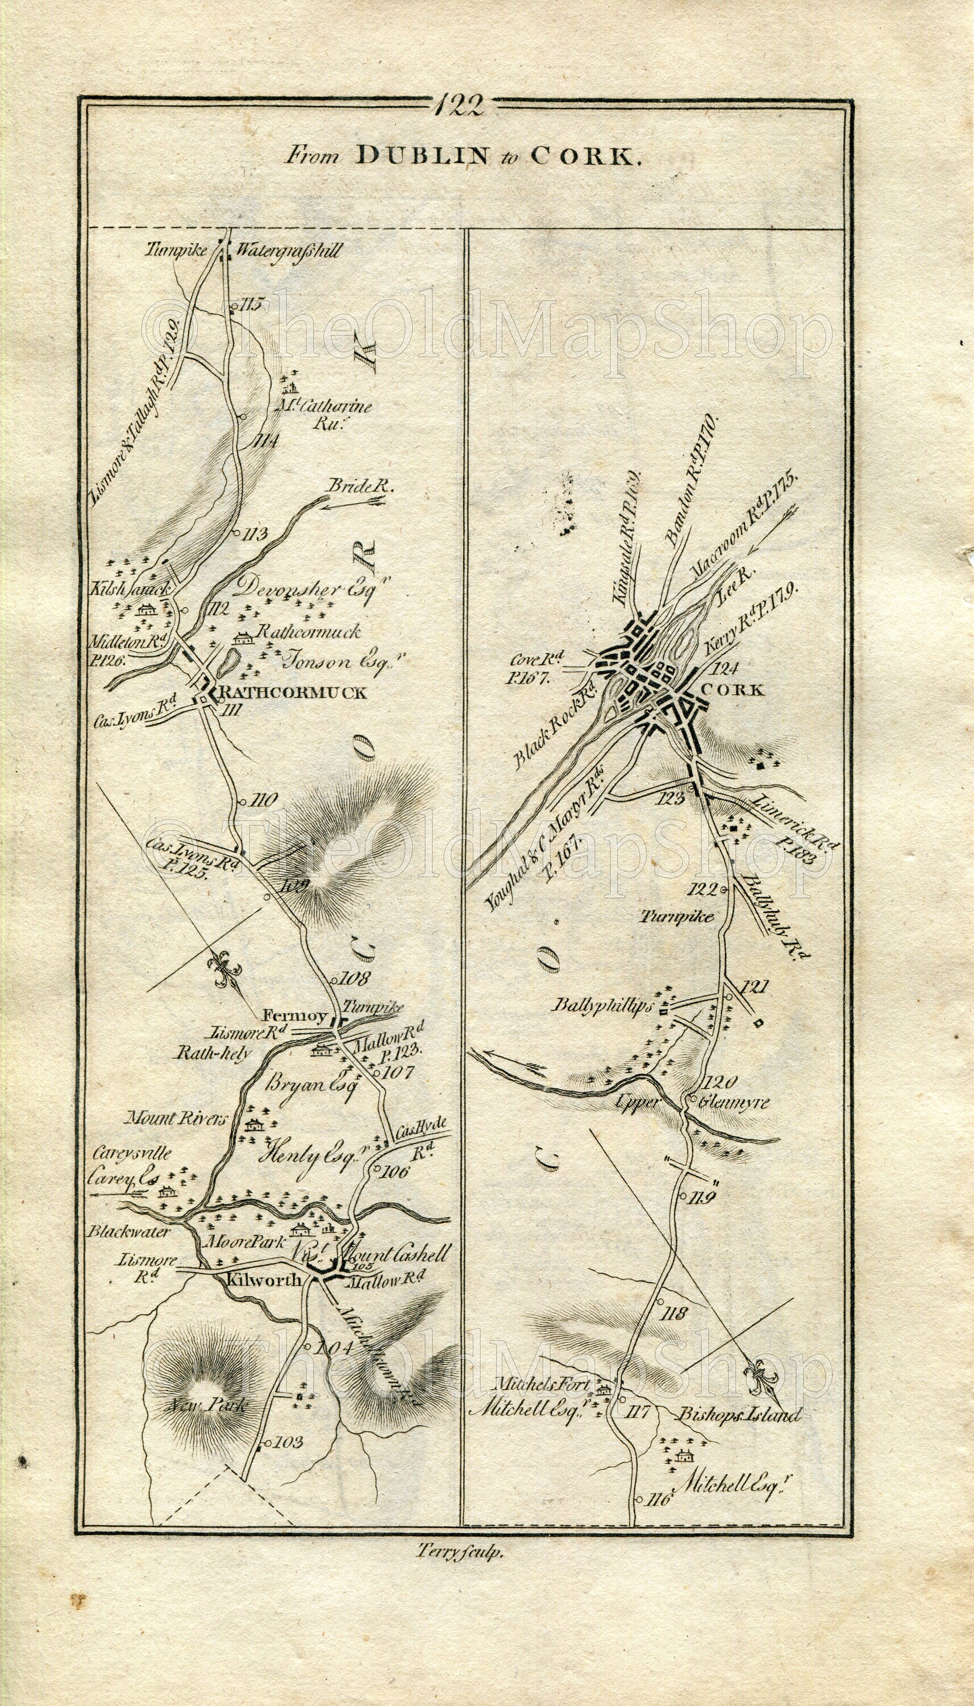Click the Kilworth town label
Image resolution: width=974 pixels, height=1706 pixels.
coord(261,1278)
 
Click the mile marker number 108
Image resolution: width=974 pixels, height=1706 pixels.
coord(355,978)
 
